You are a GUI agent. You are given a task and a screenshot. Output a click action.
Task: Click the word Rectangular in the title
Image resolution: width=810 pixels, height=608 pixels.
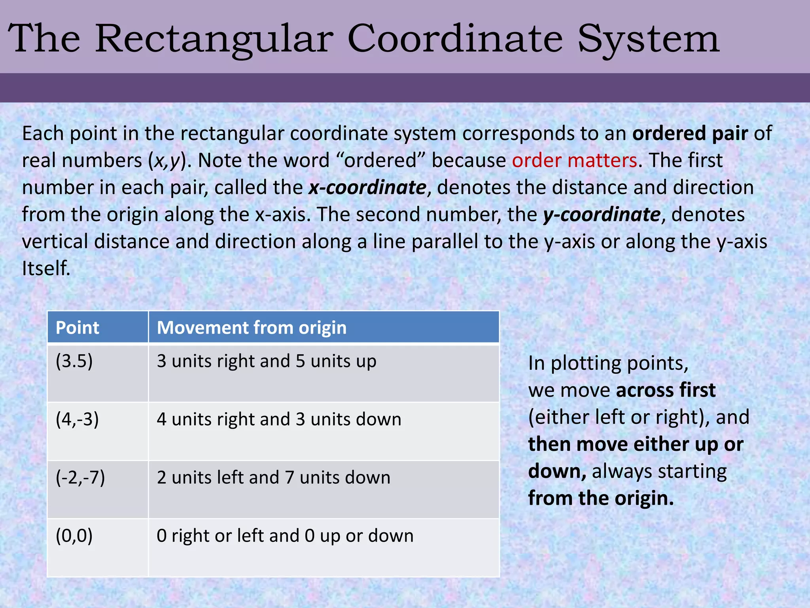214,39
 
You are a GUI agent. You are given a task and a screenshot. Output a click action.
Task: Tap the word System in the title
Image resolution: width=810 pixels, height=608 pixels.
648,39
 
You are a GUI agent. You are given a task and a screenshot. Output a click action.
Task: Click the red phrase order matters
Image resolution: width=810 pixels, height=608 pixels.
574,160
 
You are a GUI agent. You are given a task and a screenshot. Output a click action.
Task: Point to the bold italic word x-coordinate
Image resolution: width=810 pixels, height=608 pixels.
367,187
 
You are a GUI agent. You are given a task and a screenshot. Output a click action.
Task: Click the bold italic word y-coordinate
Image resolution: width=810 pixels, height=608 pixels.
602,215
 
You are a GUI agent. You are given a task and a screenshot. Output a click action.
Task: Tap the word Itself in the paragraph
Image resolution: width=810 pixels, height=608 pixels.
45,268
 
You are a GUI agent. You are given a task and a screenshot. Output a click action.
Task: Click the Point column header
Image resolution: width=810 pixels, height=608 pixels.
78,328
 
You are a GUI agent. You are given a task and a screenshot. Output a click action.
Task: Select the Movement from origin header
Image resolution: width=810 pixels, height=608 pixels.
252,328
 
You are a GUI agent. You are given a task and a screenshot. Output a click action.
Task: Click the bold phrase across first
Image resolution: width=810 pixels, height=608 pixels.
666,390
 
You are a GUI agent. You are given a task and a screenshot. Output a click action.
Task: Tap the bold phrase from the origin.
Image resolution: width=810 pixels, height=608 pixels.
601,498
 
